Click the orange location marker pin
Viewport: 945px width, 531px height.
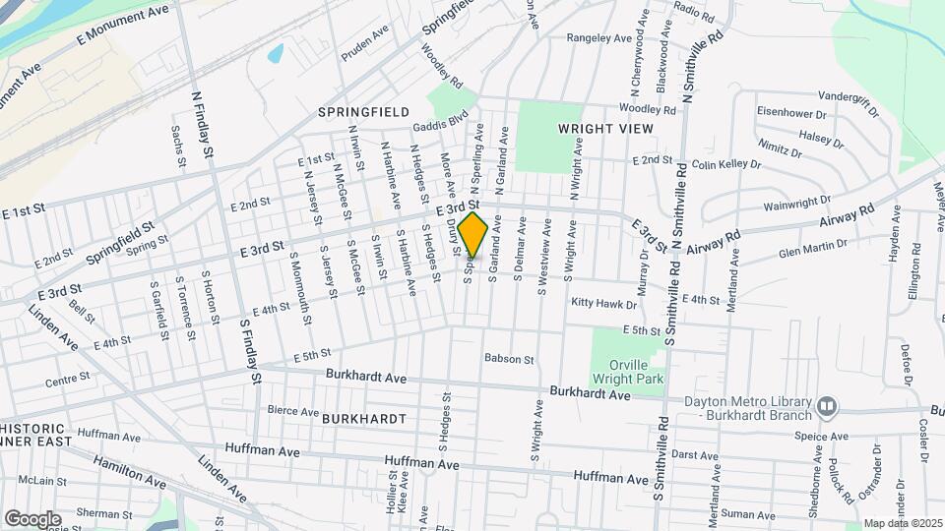point(472,234)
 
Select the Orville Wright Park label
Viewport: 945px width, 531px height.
point(629,369)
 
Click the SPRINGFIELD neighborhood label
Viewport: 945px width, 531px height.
point(363,112)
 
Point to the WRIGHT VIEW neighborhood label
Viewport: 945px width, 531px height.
point(604,129)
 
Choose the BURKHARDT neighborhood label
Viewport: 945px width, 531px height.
point(363,418)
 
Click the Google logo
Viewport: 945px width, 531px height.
point(32,518)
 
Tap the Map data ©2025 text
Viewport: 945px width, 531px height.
point(901,523)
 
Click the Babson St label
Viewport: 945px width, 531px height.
point(508,360)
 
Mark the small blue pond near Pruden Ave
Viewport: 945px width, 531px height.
point(275,53)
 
